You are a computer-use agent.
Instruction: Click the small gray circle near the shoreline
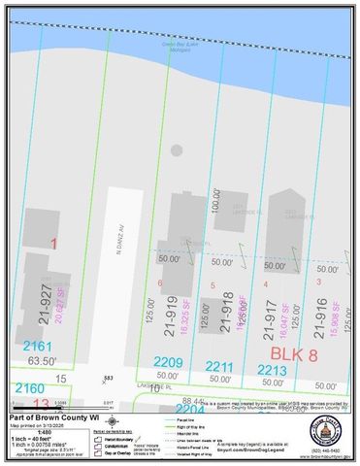(x=176, y=150)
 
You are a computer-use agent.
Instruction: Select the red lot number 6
(x=160, y=283)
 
